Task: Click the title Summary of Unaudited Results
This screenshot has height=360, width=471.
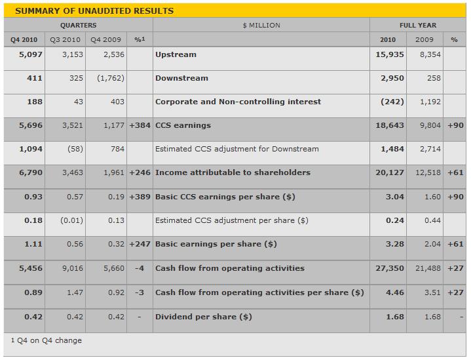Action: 94,11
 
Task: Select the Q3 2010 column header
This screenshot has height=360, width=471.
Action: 66,40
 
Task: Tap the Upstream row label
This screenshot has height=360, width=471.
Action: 176,54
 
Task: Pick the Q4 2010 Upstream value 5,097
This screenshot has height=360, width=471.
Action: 31,54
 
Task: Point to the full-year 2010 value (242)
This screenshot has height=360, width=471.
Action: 392,102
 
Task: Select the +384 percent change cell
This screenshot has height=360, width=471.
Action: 140,125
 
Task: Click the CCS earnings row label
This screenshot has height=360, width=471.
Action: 183,125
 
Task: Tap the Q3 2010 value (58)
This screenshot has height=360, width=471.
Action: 71,149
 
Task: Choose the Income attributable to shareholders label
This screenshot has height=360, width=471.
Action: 233,172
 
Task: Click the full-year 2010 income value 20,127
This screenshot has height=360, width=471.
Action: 390,172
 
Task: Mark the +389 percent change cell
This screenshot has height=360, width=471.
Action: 140,197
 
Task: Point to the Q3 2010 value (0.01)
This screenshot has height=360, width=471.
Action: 71,220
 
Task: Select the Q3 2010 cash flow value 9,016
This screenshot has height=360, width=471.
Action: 73,268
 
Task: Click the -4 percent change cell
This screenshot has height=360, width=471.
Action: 140,268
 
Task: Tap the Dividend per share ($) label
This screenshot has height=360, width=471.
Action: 204,317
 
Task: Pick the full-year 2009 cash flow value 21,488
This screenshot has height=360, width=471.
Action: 428,268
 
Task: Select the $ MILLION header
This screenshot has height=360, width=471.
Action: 261,26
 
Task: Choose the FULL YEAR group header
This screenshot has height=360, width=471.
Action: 418,26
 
